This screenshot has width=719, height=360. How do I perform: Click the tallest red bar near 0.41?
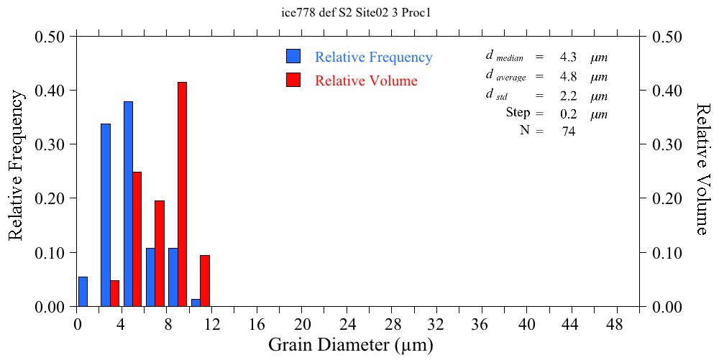(x=182, y=194)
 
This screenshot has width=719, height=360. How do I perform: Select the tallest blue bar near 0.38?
(x=128, y=204)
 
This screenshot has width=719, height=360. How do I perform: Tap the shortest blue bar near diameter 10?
(x=196, y=303)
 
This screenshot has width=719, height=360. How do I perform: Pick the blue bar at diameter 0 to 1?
(x=83, y=292)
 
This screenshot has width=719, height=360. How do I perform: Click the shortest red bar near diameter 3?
(x=114, y=293)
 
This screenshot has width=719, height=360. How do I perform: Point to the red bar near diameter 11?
(x=205, y=281)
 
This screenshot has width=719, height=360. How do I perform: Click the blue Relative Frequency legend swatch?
(x=293, y=57)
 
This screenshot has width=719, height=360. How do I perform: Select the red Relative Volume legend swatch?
(x=293, y=80)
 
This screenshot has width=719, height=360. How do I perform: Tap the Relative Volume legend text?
(x=366, y=80)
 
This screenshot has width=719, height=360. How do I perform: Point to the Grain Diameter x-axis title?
(x=351, y=345)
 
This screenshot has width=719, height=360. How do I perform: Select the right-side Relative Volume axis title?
(x=702, y=168)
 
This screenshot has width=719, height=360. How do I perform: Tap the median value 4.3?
(x=568, y=57)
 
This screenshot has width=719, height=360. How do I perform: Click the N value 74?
(x=568, y=131)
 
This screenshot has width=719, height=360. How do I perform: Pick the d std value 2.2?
(x=568, y=96)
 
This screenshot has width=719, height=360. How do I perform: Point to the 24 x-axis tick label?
(x=347, y=323)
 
